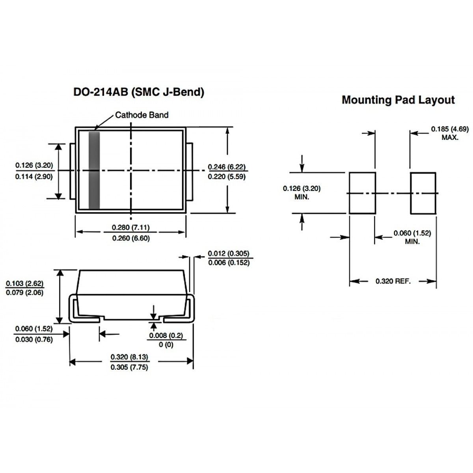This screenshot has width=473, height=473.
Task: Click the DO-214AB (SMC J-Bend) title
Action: [x=139, y=92]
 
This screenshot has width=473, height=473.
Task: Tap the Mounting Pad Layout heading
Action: [x=398, y=100]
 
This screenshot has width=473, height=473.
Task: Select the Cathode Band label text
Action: [x=142, y=115]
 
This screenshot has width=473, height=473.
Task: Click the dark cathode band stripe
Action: [x=94, y=170]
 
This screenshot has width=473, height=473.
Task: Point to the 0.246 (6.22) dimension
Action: [x=227, y=167]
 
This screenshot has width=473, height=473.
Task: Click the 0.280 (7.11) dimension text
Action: [x=131, y=227]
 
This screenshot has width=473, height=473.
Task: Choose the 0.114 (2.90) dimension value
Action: [x=34, y=177]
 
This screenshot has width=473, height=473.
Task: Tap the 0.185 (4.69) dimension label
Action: [x=450, y=129]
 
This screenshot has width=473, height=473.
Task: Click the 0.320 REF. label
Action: [x=393, y=281]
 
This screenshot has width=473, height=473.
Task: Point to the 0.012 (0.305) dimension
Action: [x=229, y=253]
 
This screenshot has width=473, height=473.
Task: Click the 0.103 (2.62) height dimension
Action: [x=24, y=283]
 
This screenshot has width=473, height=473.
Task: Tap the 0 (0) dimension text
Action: [x=166, y=345]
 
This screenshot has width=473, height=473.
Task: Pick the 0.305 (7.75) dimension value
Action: [x=129, y=367]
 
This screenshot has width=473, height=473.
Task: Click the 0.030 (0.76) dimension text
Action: [x=34, y=339]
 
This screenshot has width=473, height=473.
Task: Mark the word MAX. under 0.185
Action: [x=450, y=138]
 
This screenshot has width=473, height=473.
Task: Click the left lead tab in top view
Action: [x=73, y=171]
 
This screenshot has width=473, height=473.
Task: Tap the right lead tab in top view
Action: [x=190, y=171]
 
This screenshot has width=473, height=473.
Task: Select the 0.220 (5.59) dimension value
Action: [x=227, y=177]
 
